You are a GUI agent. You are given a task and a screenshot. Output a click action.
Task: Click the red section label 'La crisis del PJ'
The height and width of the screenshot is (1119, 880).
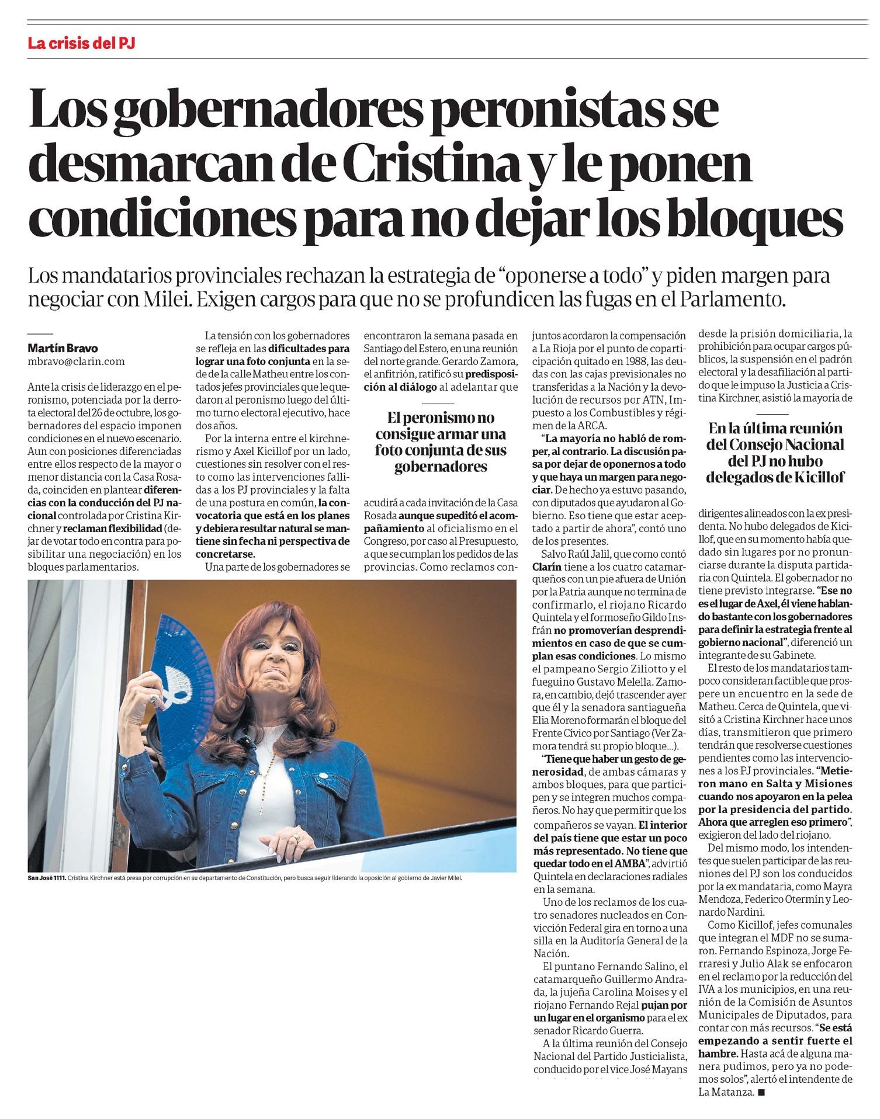point(81,43)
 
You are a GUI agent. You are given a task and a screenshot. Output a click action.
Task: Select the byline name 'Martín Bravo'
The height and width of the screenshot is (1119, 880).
point(63,349)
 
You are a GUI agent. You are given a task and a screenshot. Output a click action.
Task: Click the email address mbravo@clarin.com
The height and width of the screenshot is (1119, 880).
point(77,362)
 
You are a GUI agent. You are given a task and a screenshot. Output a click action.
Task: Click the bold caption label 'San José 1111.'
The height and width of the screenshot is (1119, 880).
point(46,878)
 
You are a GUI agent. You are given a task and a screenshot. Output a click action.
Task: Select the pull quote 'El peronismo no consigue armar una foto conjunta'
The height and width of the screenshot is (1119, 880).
point(440,442)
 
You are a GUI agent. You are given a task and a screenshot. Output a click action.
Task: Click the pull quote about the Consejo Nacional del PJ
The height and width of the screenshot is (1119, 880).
point(775,453)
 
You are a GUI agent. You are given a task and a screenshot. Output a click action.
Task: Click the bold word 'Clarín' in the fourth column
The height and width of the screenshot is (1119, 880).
point(546,567)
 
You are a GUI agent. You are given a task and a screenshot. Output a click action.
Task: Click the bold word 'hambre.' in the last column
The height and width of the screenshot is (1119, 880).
point(717,1055)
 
